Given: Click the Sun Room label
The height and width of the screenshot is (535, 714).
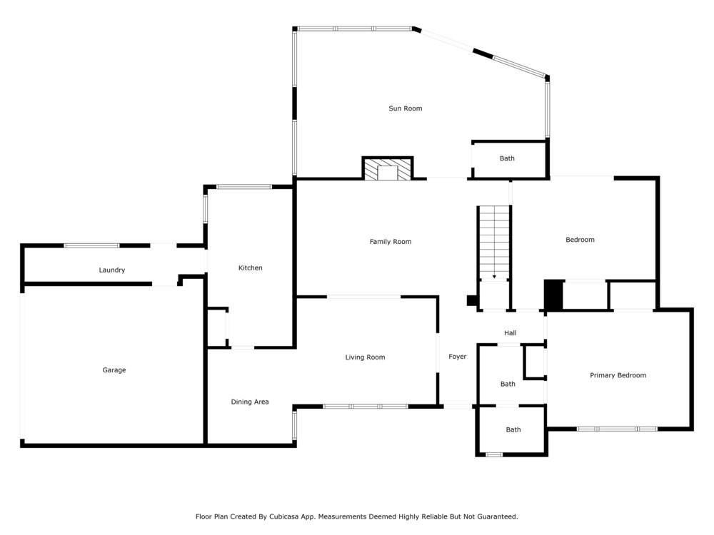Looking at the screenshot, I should point(405,108).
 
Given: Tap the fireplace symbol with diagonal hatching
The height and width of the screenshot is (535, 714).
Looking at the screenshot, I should point(388,169).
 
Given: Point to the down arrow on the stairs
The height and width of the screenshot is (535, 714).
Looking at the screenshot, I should point(494,276).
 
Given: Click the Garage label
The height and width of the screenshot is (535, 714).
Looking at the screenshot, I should point(114,370).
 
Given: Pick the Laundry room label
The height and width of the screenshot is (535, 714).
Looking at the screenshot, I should point(112,270).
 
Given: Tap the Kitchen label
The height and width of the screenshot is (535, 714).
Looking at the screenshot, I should point(250,268).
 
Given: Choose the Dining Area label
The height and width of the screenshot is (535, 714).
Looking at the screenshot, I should point(250,402).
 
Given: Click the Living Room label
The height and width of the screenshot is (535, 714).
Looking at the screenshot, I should point(365,357).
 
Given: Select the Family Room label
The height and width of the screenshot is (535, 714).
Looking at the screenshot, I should point(391,242).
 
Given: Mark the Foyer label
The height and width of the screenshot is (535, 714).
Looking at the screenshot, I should point(457,357).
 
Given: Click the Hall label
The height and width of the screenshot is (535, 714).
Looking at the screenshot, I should point(510,333).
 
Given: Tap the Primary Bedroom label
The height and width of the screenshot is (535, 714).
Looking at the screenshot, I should point(618,375).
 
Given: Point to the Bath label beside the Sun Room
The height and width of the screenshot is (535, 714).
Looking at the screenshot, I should point(507,158).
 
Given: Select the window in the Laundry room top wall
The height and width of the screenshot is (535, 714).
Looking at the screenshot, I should point(91,246).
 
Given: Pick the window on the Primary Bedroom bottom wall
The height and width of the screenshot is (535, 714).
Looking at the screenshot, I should point(617,429).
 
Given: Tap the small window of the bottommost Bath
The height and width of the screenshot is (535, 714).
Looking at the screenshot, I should point(493,454).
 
